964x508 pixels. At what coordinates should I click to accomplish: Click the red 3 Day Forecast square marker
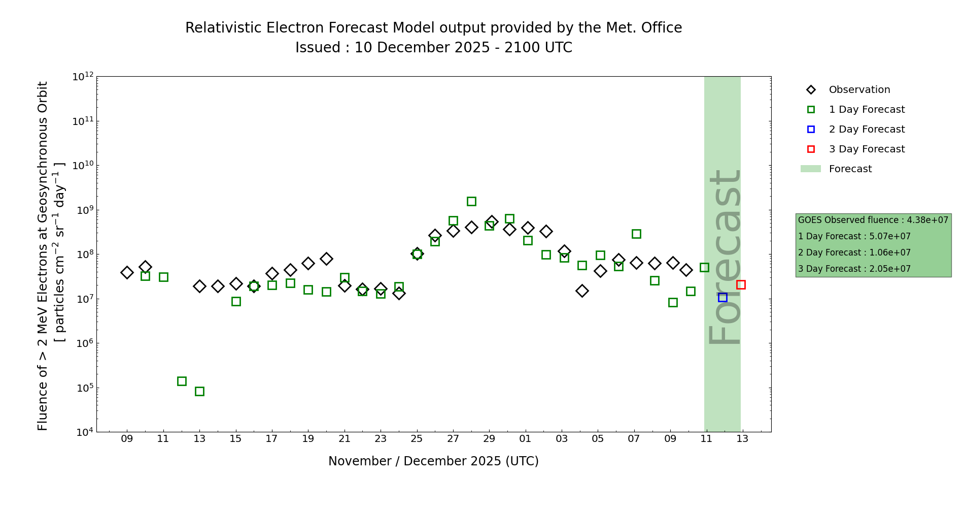click(741, 284)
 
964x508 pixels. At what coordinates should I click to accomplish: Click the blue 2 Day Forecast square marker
click(722, 297)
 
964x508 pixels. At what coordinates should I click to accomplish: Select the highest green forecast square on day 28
click(471, 201)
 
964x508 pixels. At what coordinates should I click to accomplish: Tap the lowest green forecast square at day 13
click(199, 391)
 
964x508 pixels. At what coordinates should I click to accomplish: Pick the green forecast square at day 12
click(182, 381)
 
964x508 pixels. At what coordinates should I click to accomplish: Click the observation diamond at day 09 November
click(127, 272)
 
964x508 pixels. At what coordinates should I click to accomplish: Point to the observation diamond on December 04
click(582, 291)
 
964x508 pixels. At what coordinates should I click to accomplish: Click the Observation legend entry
click(859, 90)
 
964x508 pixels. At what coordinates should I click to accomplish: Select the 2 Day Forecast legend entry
click(866, 130)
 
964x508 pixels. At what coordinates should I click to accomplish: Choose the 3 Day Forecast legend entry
click(866, 149)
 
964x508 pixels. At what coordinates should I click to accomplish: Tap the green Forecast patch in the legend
click(810, 169)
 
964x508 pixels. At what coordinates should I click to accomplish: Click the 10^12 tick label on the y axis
click(83, 77)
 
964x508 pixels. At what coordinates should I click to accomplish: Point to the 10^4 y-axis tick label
click(83, 432)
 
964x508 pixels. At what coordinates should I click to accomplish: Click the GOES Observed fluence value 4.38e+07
click(927, 220)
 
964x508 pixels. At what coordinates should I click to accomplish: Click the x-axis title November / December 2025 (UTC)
click(433, 461)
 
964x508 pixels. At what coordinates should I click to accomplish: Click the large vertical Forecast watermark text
click(725, 257)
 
